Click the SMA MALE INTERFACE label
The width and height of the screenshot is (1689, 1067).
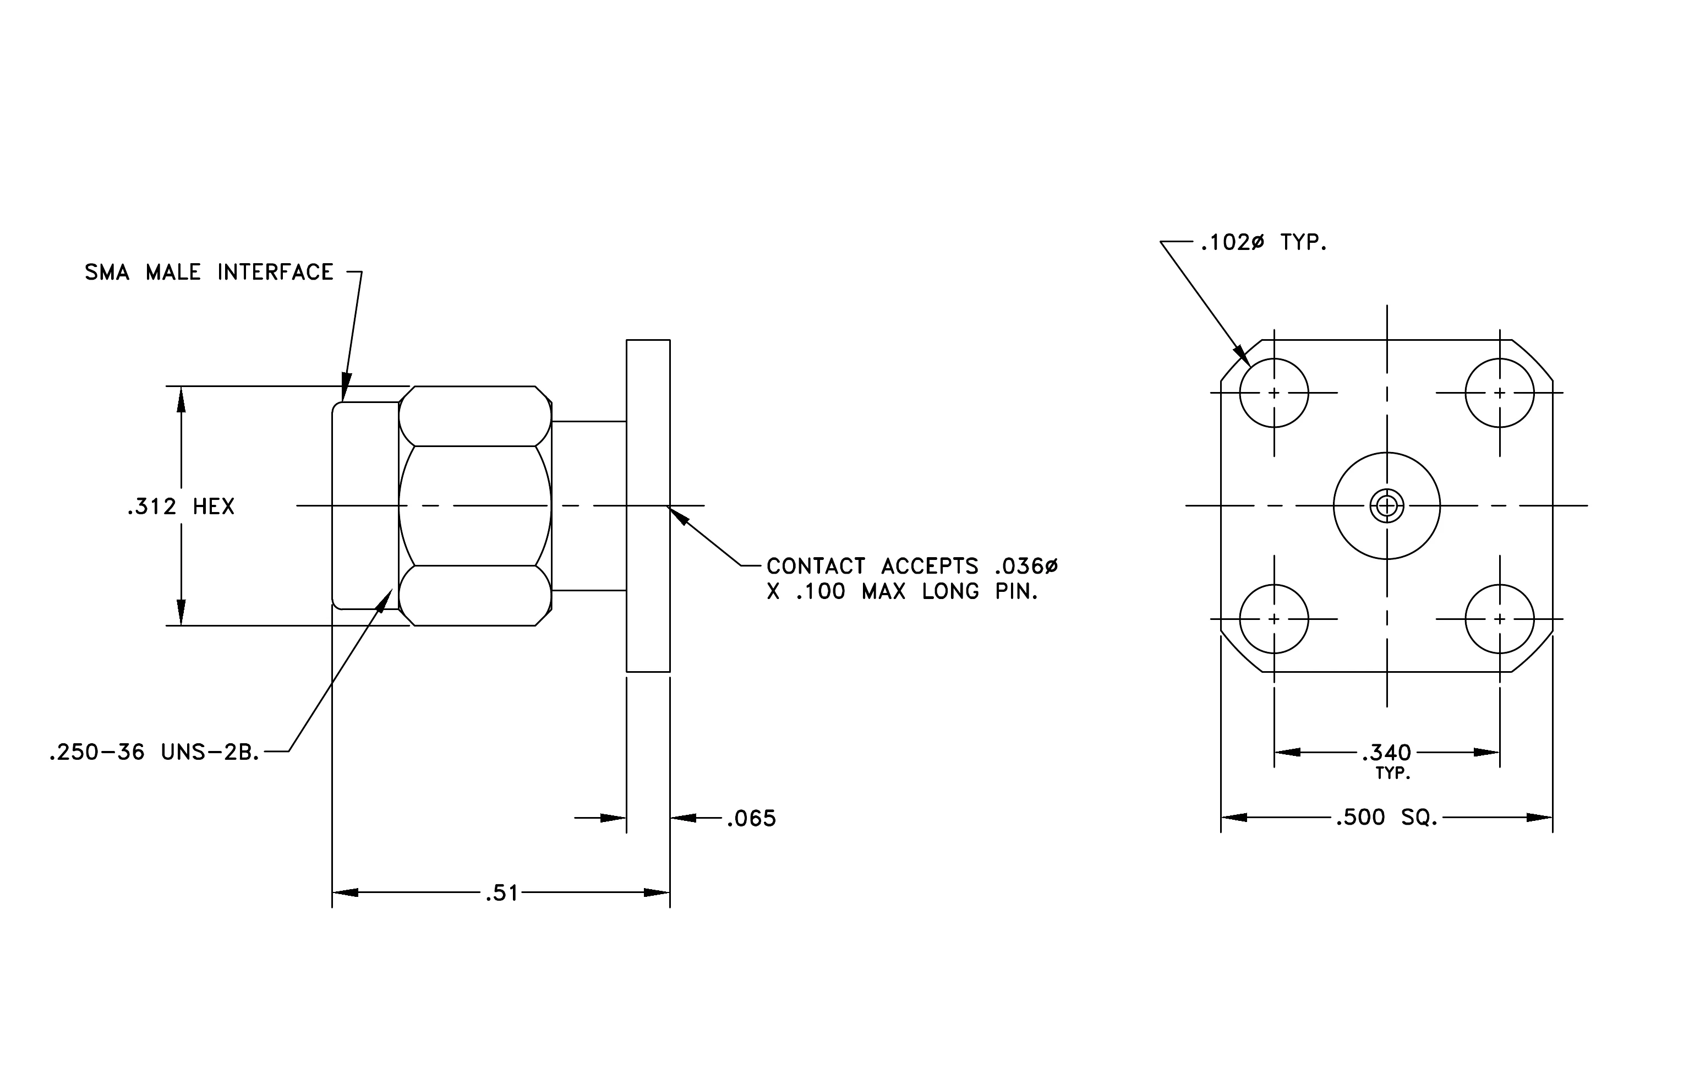209,272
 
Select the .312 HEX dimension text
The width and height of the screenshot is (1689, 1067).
181,507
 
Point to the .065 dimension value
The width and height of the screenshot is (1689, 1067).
751,819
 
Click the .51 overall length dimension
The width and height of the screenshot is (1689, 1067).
501,893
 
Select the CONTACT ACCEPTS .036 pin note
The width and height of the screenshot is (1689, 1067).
912,579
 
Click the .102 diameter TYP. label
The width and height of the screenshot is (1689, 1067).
1264,243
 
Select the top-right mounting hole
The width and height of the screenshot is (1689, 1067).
1500,393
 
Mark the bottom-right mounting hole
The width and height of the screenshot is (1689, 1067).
1500,619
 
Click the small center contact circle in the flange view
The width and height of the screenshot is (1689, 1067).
1387,506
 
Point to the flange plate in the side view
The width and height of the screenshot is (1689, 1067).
648,506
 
